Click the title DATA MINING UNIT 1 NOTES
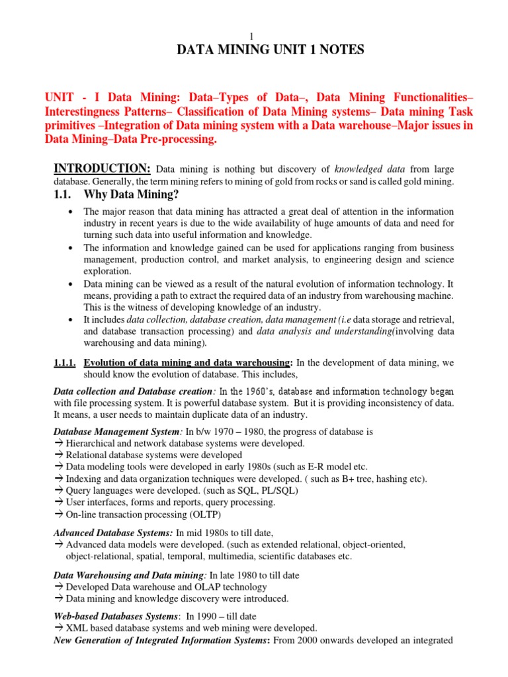(x=253, y=50)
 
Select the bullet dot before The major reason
(x=70, y=212)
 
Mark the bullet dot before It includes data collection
(x=70, y=319)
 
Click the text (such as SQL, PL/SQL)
(x=255, y=491)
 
